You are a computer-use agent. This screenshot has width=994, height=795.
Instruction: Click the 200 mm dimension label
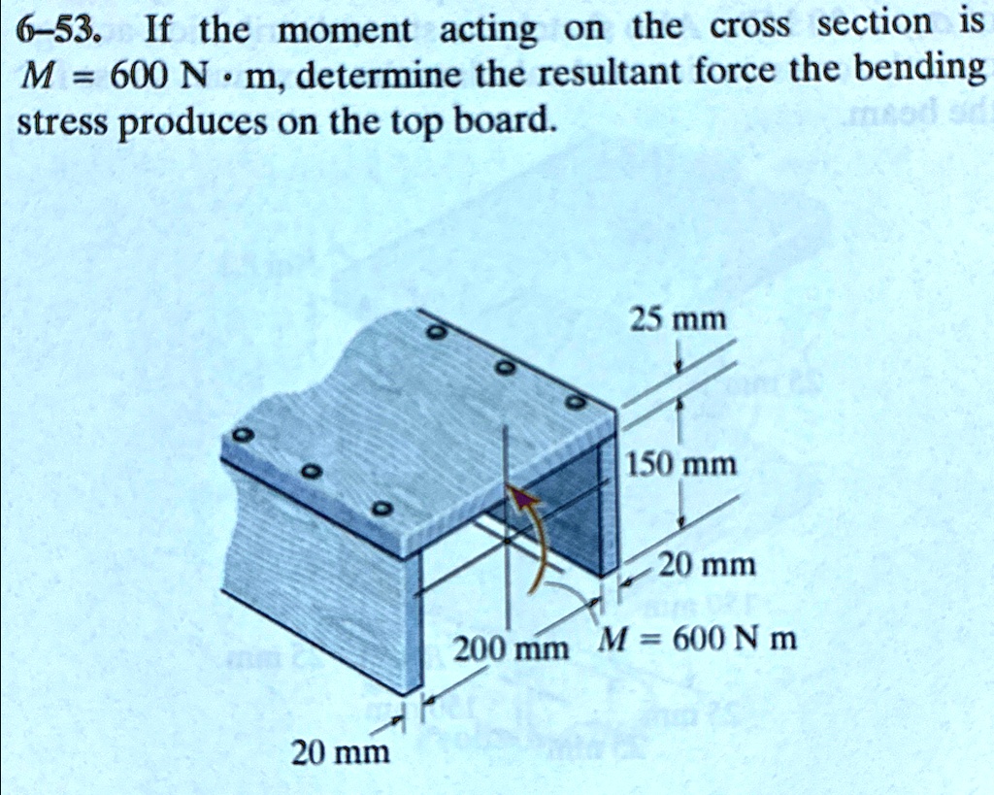pos(512,647)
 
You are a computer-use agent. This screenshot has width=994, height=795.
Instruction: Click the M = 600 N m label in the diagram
pos(697,640)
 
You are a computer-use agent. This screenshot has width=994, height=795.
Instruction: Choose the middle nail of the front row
pos(310,472)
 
